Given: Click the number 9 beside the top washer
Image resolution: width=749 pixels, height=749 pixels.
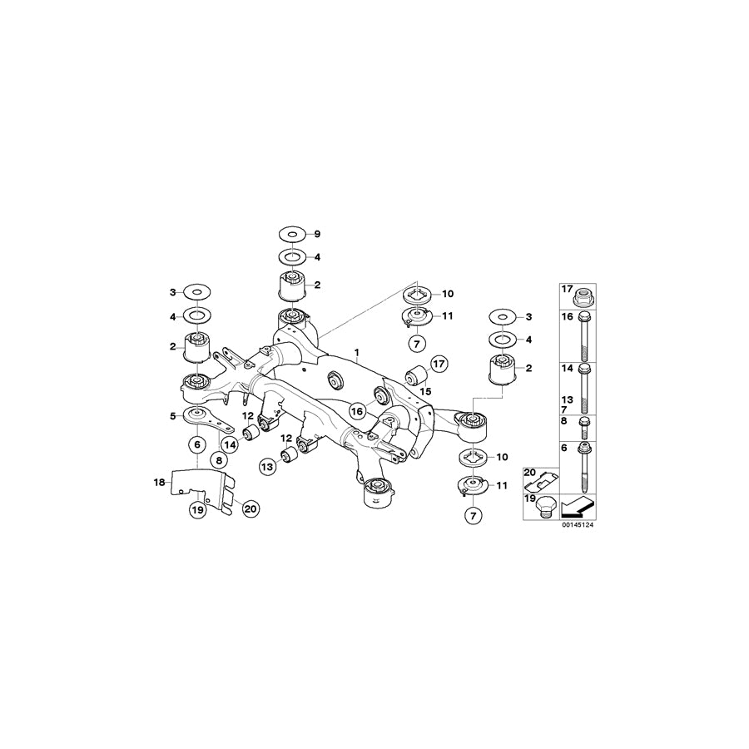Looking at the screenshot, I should [x=316, y=236].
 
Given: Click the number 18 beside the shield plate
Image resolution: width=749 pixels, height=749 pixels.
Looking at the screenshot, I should [x=172, y=415].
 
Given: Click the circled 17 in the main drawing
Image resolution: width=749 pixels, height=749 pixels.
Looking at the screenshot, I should [x=439, y=363].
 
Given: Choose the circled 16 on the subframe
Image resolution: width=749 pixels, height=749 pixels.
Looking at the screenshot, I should [x=358, y=410].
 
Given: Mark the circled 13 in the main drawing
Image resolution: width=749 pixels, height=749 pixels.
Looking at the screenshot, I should [x=267, y=466].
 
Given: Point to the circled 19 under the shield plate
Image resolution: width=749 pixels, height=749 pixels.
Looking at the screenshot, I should [x=196, y=510].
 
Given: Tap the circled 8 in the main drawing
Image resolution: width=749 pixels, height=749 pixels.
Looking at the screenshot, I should [x=217, y=459].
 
